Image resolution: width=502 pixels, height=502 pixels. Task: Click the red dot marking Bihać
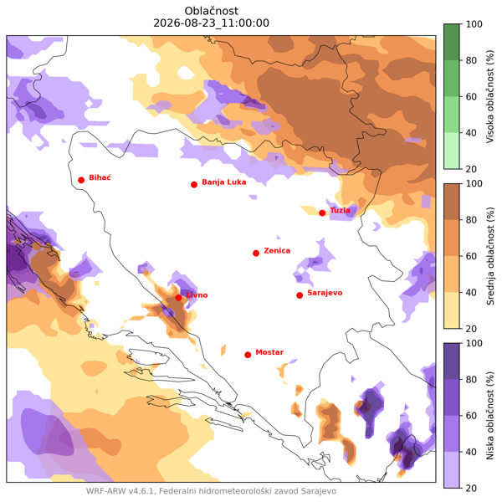pos(81,180)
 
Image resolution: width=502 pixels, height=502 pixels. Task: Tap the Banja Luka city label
pos(224,182)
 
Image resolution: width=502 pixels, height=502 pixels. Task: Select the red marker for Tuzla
pos(322,213)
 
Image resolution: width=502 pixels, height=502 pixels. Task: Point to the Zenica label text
pos(277,251)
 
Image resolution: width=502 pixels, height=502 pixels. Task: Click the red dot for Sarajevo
pos(300,295)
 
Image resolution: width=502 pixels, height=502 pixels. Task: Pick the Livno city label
pos(197,295)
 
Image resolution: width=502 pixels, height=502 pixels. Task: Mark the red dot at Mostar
pos(248,355)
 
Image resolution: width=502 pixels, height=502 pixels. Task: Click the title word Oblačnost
pos(212,11)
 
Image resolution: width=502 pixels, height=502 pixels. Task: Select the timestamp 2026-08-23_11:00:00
pos(212,23)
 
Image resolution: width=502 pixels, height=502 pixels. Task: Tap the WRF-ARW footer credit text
pos(212,491)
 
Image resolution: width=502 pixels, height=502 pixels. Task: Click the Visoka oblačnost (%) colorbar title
pos(490,96)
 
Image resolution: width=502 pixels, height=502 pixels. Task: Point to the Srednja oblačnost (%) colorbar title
pos(490,256)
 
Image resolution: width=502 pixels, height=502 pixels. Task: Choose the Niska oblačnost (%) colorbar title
pos(490,416)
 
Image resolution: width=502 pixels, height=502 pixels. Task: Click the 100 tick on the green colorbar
pos(474,24)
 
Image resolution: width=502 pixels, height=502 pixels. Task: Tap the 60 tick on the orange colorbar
pos(471,256)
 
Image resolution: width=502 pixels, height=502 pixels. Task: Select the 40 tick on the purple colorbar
pos(471,452)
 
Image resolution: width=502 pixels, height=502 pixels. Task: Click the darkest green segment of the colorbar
pos(452,42)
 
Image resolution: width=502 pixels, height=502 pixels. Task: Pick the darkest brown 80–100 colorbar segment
pos(452,202)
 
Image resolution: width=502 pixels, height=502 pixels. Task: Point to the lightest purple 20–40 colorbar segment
pos(452,470)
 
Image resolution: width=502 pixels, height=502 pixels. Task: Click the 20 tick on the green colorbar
pos(471,169)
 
